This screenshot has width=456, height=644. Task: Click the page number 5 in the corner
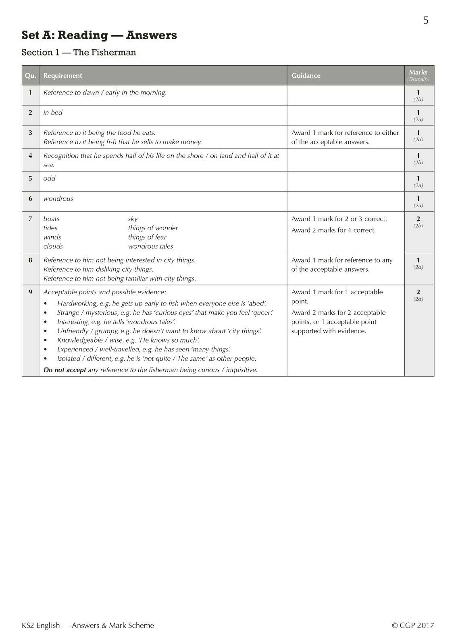coord(426,21)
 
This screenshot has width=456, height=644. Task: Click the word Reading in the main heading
coord(83,35)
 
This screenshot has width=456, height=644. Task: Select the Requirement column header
coord(62,76)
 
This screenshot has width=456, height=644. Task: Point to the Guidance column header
coord(306,76)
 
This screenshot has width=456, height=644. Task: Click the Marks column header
coord(418,72)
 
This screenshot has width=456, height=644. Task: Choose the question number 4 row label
coord(30,156)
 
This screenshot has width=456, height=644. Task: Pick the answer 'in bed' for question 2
coord(53,113)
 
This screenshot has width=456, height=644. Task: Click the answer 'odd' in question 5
coord(49,178)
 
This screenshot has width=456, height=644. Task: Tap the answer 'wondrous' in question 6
coord(58,199)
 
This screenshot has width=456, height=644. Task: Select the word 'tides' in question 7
coord(50,228)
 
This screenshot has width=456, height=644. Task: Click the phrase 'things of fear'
coord(147,237)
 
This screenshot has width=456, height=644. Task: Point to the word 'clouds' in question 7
coord(53,246)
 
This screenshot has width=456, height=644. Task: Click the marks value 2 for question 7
coord(418,219)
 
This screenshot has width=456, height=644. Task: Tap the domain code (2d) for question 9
coord(418,299)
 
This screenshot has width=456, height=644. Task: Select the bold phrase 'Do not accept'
coord(65,370)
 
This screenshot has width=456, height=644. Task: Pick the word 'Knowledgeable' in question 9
coord(80,340)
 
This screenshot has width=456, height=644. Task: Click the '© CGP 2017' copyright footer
coord(413,625)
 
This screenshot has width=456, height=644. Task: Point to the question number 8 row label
coord(30,260)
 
